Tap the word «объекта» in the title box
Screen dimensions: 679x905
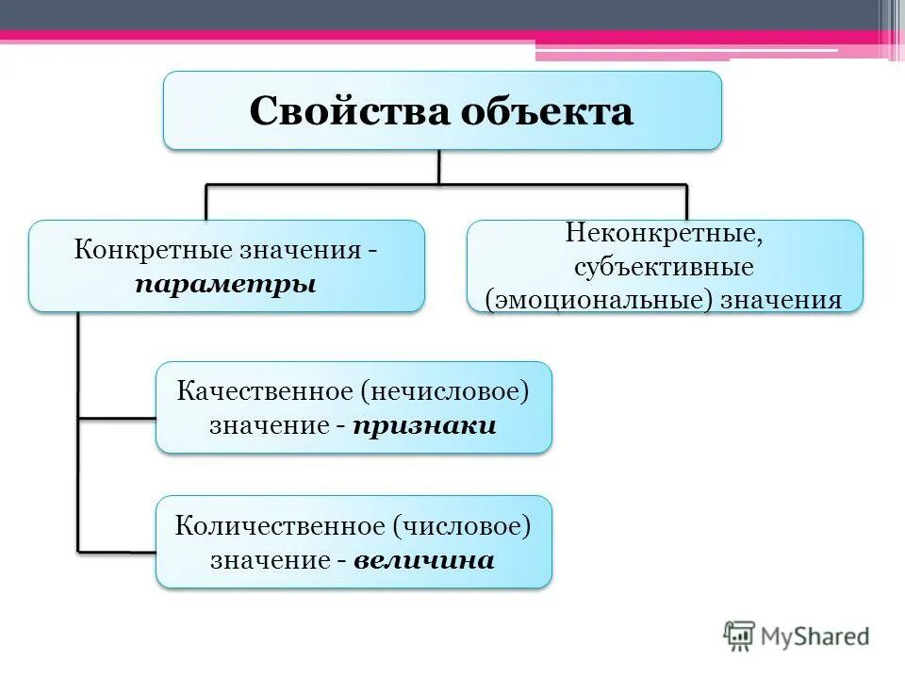[547, 111]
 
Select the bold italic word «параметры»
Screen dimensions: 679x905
[225, 284]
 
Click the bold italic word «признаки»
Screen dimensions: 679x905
[425, 425]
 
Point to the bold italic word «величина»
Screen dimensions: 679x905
[424, 560]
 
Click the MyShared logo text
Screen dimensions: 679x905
[815, 637]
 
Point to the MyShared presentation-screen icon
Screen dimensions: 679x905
[740, 637]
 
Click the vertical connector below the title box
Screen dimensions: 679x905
[439, 167]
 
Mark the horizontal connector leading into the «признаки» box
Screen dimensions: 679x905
[117, 417]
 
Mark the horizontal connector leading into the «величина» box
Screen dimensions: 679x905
[117, 551]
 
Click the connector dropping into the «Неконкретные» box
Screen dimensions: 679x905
[686, 203]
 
